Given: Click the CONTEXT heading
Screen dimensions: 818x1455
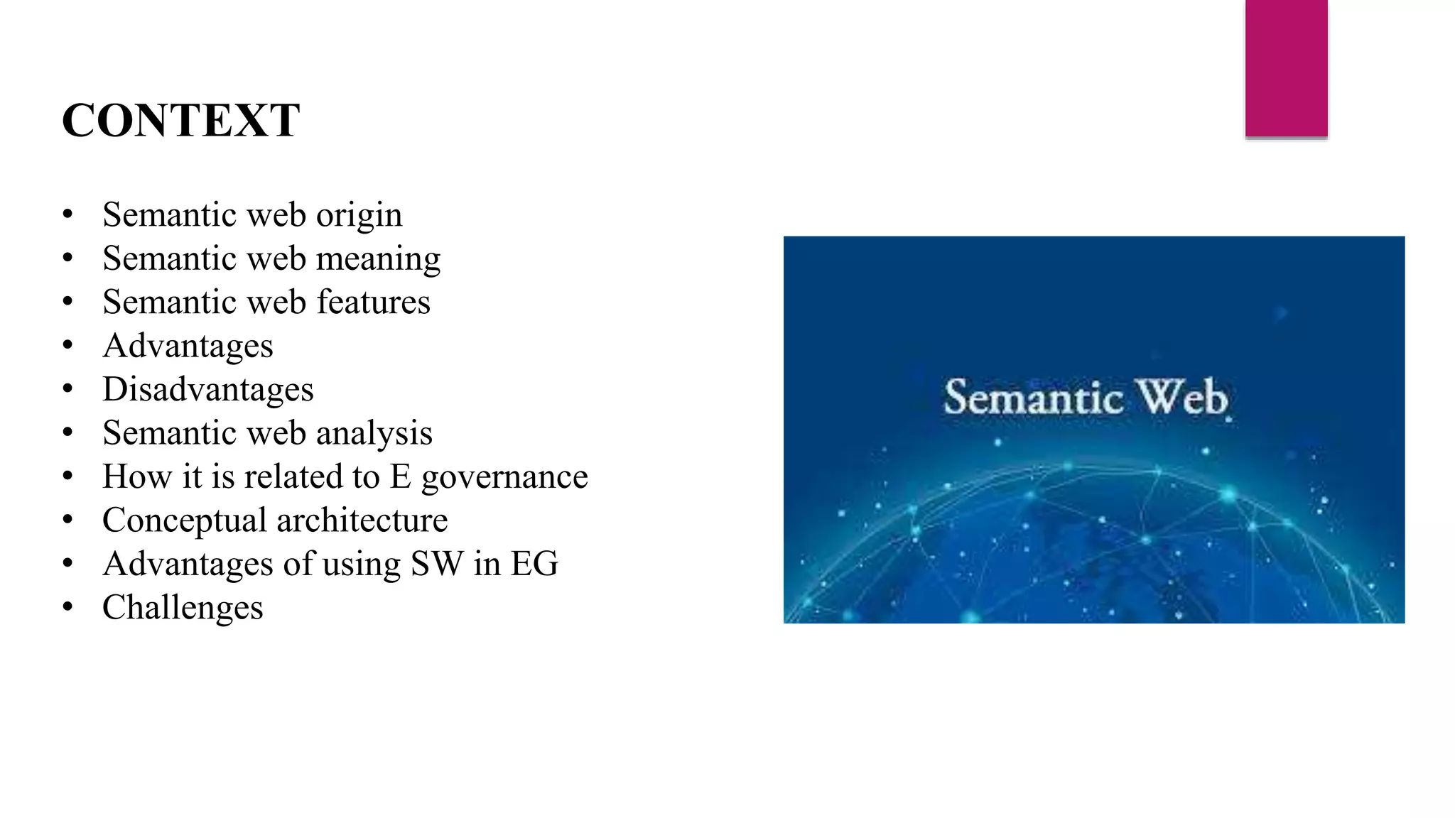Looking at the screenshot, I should [x=181, y=120].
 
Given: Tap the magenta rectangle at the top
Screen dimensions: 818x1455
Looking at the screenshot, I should [x=1286, y=67].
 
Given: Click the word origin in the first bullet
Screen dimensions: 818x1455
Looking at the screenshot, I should [x=359, y=216].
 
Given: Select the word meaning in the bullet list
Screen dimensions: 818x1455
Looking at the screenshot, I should [x=378, y=259].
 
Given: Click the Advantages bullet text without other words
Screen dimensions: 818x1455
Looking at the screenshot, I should [x=188, y=347].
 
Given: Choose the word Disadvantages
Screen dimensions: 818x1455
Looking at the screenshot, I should [x=207, y=389].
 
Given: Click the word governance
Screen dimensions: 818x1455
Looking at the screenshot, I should [x=504, y=477].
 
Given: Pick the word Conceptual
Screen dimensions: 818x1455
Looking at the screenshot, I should [x=184, y=520].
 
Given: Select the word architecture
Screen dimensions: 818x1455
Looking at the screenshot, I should [x=362, y=520].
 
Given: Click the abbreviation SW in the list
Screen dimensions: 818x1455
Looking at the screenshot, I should [x=436, y=564].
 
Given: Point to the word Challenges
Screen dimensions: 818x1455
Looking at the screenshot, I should [x=183, y=608].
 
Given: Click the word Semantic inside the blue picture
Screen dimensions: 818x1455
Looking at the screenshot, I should [x=1033, y=397].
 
